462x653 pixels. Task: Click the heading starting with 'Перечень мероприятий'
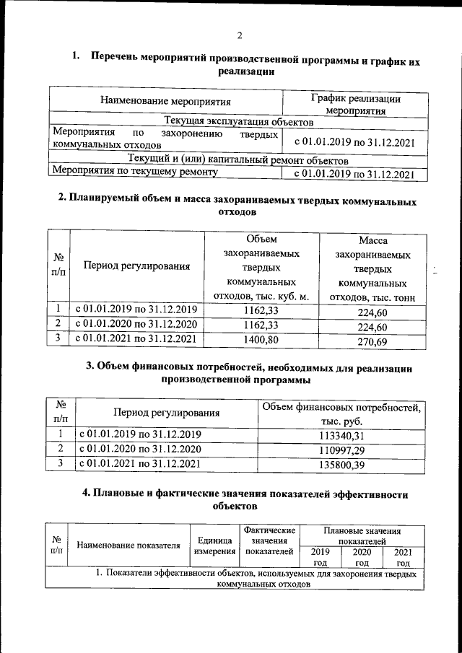tap(245, 63)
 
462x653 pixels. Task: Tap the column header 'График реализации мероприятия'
tap(354, 105)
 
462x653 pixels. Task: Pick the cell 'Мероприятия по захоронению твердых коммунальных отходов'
tap(165, 139)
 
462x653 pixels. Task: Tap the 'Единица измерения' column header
tap(214, 545)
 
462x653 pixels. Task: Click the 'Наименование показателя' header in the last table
tap(128, 545)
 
